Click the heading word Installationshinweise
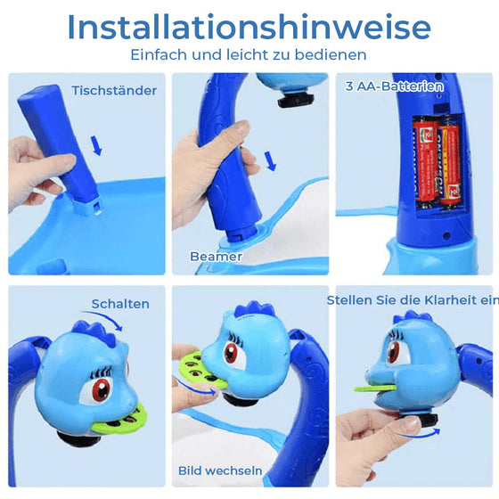(x=249, y=28)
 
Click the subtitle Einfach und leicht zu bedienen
(x=249, y=55)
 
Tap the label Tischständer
(x=115, y=90)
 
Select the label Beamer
(x=216, y=256)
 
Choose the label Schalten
(x=120, y=304)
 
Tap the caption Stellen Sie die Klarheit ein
(x=412, y=300)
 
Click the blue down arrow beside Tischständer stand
(x=97, y=143)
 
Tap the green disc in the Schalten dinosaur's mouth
(x=124, y=414)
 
